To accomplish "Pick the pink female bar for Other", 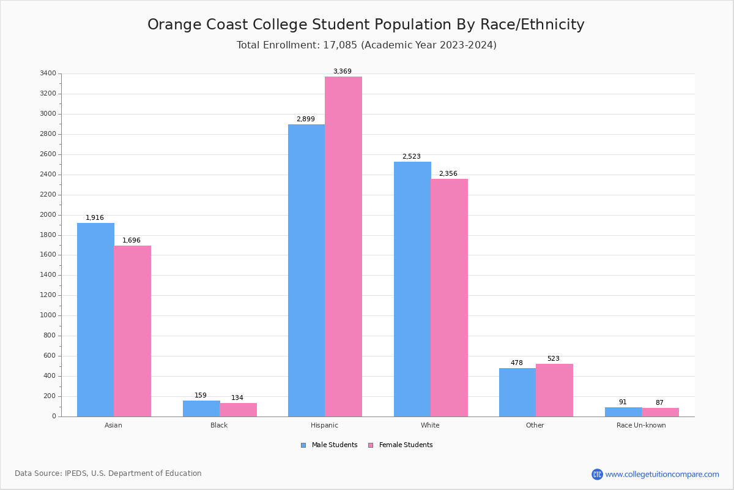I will click(x=554, y=390).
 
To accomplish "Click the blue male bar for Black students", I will click(x=201, y=409).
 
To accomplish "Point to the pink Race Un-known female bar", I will click(x=660, y=412).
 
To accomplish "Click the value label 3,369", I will click(x=342, y=72).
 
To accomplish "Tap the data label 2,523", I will click(x=411, y=157).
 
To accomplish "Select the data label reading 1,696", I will click(x=132, y=241).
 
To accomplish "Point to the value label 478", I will click(x=517, y=363).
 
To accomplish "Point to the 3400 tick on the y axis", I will click(x=48, y=73).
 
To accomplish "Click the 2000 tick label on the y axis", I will click(x=48, y=215).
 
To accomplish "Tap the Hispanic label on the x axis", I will click(x=324, y=425).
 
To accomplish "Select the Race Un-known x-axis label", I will click(x=641, y=425).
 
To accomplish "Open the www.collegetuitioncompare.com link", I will click(x=662, y=475).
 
